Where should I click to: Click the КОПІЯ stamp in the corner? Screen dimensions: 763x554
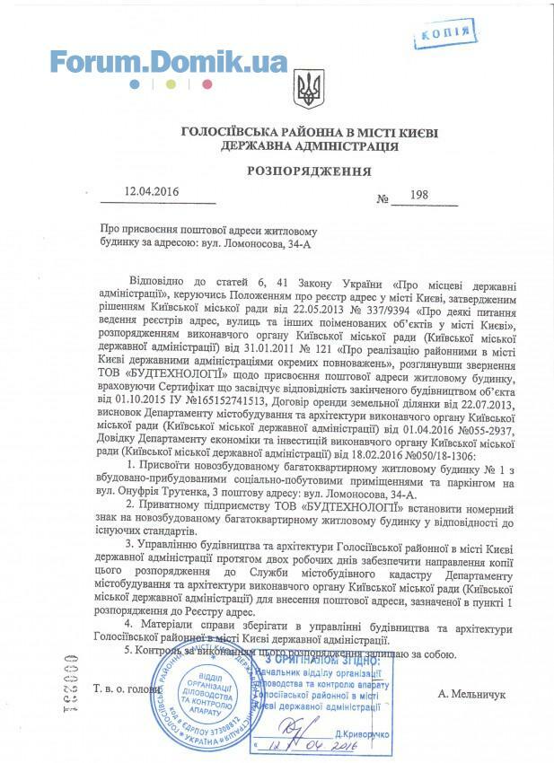coord(441,35)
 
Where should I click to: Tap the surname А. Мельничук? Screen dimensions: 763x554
coord(472,694)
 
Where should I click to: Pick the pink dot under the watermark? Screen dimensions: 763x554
coord(207,84)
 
